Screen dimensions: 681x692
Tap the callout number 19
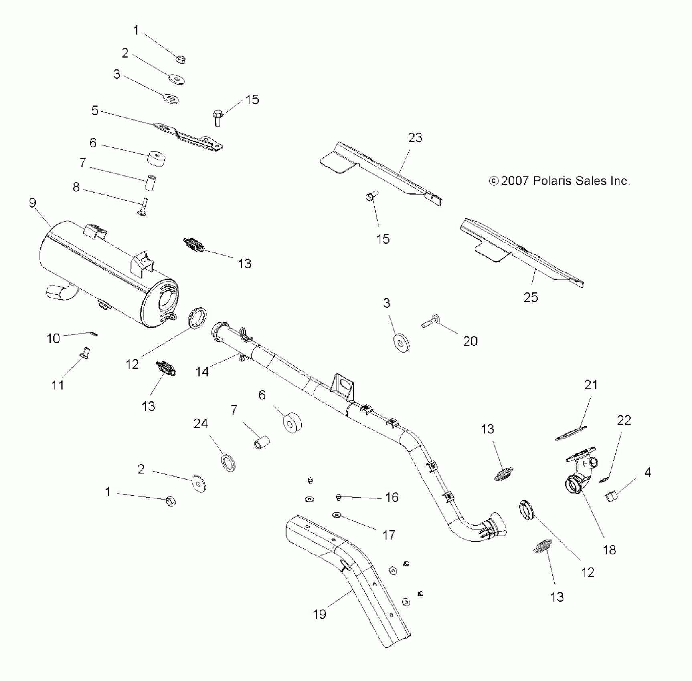click(x=320, y=614)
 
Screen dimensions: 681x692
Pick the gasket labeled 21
click(x=571, y=434)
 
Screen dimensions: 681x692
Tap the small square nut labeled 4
click(x=611, y=497)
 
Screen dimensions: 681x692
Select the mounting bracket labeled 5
click(x=188, y=135)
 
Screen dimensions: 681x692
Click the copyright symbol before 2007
click(x=494, y=181)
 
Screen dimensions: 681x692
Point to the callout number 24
click(x=201, y=423)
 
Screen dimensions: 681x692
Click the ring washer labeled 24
click(x=228, y=462)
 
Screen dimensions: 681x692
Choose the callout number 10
click(x=53, y=338)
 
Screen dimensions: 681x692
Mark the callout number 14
click(x=202, y=371)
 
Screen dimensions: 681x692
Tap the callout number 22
click(x=624, y=420)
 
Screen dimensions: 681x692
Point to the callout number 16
click(x=392, y=497)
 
